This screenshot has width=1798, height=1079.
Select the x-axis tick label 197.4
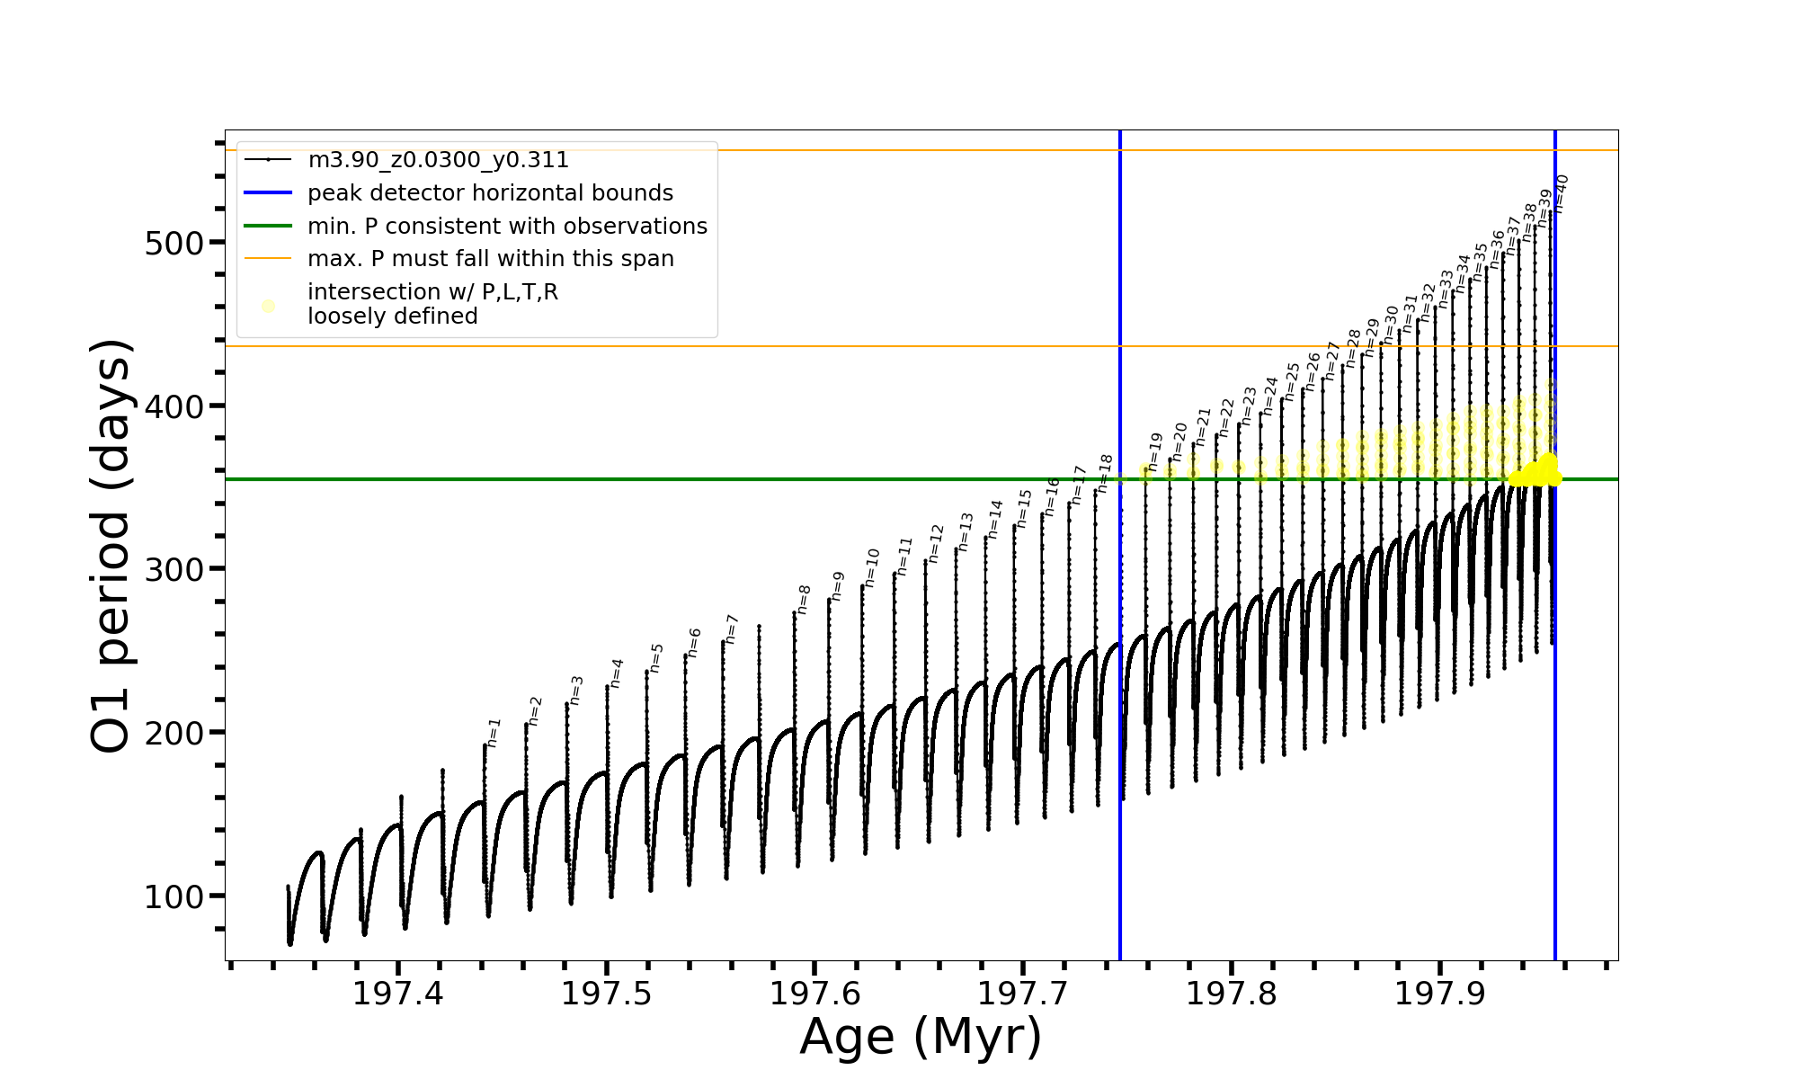(x=397, y=994)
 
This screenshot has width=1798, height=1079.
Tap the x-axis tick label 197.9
(x=1439, y=994)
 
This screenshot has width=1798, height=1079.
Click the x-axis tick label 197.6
(x=814, y=994)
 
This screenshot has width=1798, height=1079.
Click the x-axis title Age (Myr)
(x=921, y=1037)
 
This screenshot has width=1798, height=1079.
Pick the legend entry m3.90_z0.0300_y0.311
(x=438, y=160)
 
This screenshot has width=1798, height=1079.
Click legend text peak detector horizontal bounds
(x=490, y=193)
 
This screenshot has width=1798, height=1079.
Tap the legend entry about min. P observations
(x=507, y=226)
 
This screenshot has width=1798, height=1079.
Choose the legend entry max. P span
(x=490, y=259)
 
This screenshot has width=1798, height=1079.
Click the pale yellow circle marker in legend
(x=268, y=306)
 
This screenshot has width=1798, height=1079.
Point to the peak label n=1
(x=494, y=733)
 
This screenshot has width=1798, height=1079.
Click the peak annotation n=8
(x=804, y=599)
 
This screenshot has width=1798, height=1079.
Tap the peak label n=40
(x=1561, y=193)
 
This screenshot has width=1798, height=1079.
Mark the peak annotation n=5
(x=656, y=658)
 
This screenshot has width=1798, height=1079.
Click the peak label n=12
(x=936, y=543)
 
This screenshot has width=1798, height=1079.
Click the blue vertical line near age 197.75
(x=1120, y=629)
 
